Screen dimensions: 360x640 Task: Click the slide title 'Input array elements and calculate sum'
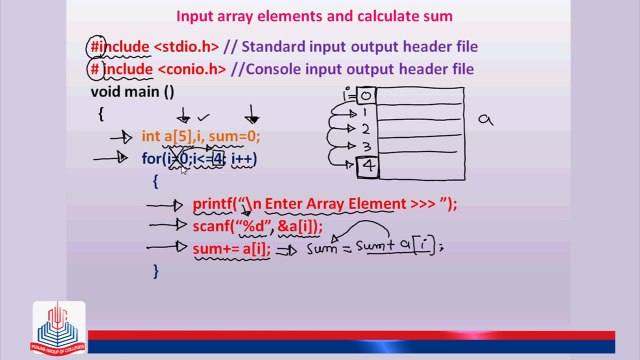click(314, 16)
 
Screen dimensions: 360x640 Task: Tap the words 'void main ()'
click(132, 92)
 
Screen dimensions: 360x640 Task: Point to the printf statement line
click(324, 204)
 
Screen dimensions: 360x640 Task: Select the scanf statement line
click(263, 226)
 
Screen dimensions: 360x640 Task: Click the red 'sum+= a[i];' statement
click(231, 248)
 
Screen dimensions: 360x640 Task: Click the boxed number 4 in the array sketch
click(367, 165)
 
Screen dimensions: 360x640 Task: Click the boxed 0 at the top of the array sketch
click(365, 96)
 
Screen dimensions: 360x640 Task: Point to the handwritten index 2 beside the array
click(366, 130)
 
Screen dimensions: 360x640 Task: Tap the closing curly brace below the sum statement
click(156, 271)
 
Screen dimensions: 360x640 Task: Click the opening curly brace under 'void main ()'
click(101, 114)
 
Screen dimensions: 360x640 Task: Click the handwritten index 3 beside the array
click(366, 147)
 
